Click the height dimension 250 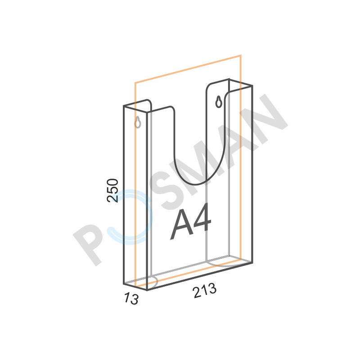pyautogui.click(x=112, y=190)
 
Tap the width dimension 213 pyautogui.click(x=205, y=290)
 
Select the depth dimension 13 pyautogui.click(x=131, y=298)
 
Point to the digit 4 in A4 pyautogui.click(x=202, y=218)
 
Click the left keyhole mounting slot pyautogui.click(x=138, y=122)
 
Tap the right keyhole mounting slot pyautogui.click(x=219, y=102)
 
